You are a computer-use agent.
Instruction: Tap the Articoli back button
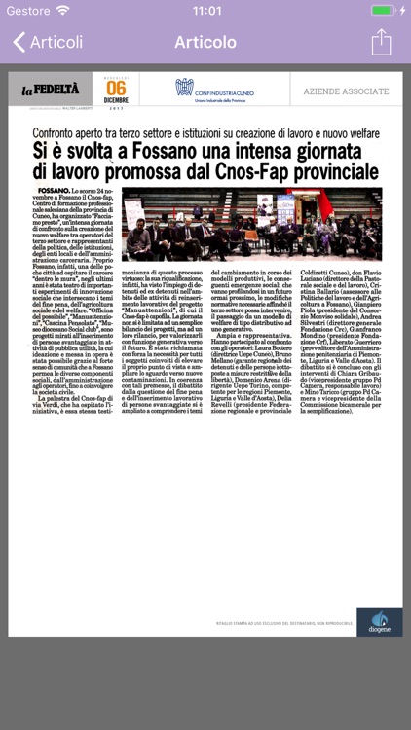click(48, 43)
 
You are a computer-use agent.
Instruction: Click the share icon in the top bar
click(381, 42)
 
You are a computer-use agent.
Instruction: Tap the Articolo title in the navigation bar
click(205, 43)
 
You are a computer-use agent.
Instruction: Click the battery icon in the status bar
click(384, 11)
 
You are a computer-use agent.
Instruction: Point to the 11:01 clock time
click(206, 11)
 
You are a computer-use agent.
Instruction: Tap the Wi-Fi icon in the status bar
click(62, 11)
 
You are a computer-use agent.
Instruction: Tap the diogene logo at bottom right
click(379, 622)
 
